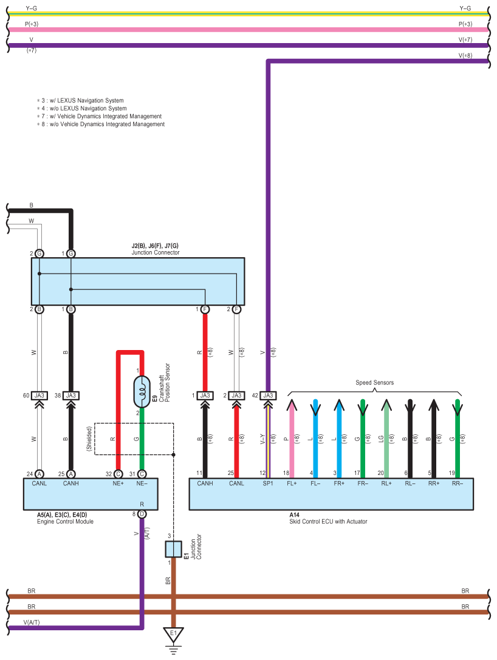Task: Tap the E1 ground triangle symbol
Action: [x=173, y=635]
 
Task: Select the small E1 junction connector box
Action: [x=173, y=549]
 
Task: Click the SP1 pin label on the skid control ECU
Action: [x=268, y=483]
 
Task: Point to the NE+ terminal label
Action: [x=118, y=483]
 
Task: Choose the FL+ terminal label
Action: [x=292, y=483]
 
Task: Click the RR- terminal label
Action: [x=458, y=483]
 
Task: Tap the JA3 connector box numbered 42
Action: [x=268, y=396]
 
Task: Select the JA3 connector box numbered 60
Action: [x=39, y=396]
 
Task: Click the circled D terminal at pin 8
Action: [x=142, y=514]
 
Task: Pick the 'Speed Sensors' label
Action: [x=374, y=383]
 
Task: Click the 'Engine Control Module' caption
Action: [x=65, y=522]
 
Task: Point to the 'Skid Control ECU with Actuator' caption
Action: [x=328, y=522]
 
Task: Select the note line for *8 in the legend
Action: [x=101, y=124]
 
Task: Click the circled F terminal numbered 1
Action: [x=205, y=309]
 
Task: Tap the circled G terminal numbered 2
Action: [x=39, y=254]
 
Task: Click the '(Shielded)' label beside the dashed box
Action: [x=89, y=439]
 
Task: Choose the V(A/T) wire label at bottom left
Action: [x=32, y=622]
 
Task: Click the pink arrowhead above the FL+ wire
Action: [x=292, y=405]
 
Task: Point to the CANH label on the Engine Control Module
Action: [x=71, y=483]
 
